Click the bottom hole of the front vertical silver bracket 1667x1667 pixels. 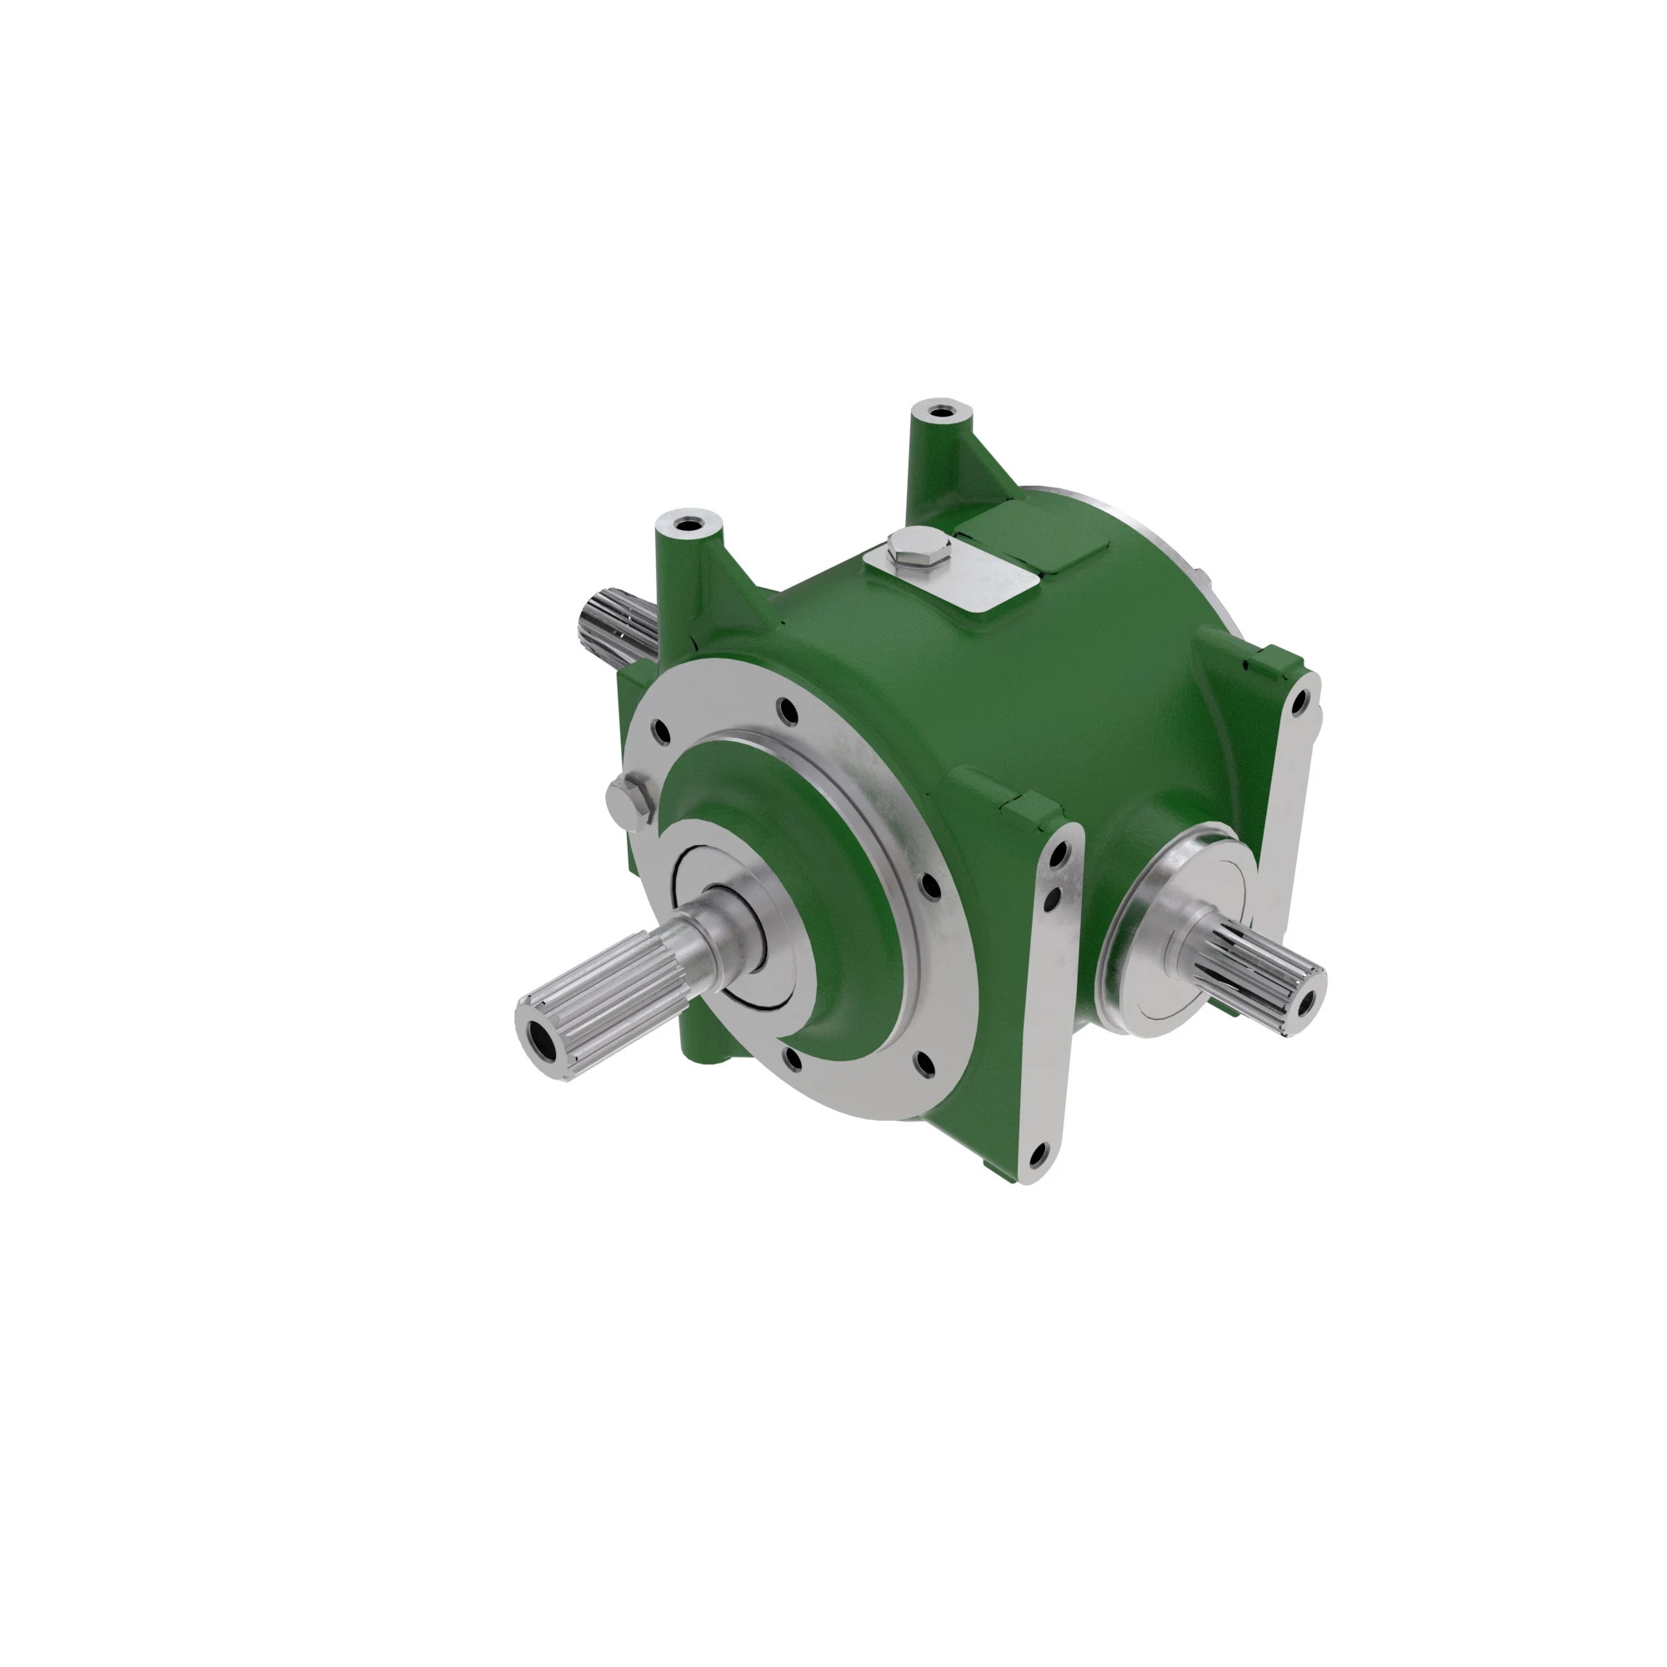1038,1151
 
